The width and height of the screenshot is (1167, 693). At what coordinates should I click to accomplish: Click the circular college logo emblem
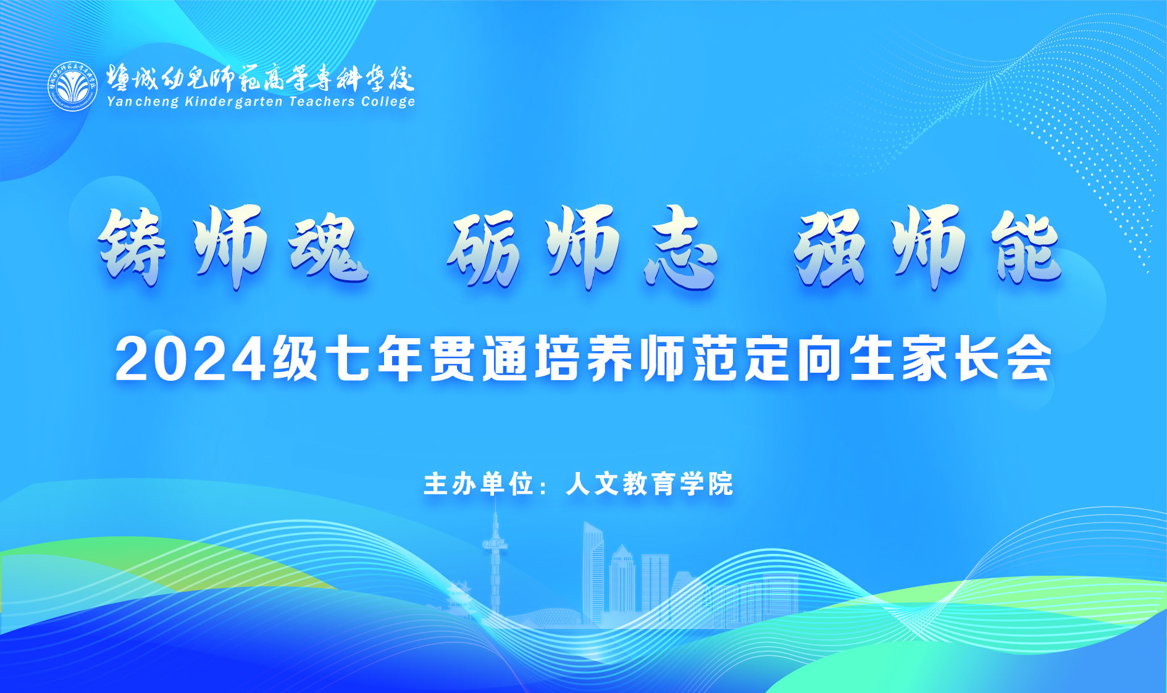pos(73,86)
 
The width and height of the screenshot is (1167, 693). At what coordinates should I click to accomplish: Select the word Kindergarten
pos(234,102)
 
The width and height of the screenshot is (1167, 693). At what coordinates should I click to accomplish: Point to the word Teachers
pos(322,101)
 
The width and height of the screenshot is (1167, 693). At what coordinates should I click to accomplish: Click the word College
pos(388,102)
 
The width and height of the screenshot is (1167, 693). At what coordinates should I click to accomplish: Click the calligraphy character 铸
pos(133,247)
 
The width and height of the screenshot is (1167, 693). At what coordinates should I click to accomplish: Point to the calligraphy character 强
pos(830,247)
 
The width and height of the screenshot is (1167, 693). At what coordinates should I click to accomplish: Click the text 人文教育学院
pos(650,484)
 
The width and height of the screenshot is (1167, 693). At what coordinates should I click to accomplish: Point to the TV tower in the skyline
pos(495,558)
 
